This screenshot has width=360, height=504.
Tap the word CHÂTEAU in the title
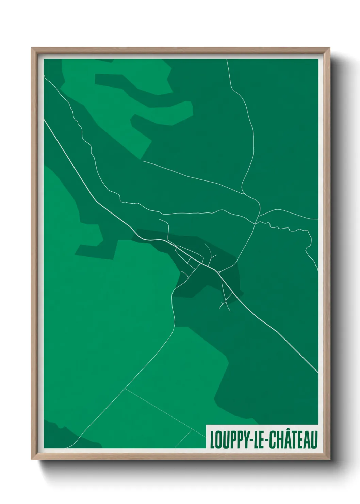point(294,440)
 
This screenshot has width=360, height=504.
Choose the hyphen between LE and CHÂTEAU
point(267,440)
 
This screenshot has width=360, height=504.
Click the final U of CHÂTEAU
point(314,440)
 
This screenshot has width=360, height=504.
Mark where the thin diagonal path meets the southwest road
point(125,389)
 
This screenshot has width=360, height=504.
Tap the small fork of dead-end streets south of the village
point(225,303)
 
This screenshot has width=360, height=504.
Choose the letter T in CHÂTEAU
point(293,440)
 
